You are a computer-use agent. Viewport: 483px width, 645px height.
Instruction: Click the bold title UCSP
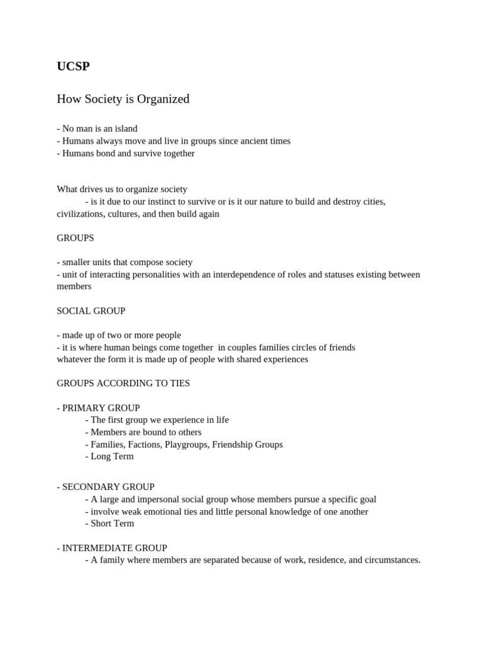tap(73, 66)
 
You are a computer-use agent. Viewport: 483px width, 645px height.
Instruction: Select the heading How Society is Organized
tap(123, 99)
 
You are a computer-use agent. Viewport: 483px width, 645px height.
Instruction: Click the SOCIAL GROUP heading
tap(91, 311)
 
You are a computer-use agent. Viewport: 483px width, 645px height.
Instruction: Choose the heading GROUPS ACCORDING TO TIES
tap(123, 383)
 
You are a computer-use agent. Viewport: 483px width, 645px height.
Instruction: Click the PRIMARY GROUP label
tap(101, 408)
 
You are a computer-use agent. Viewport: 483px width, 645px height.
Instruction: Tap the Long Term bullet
tap(112, 456)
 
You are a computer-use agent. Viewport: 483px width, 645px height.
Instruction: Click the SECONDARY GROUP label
tap(108, 487)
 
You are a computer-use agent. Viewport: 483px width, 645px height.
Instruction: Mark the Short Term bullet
tap(112, 523)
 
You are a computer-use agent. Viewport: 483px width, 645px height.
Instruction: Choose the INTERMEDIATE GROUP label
tap(114, 548)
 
